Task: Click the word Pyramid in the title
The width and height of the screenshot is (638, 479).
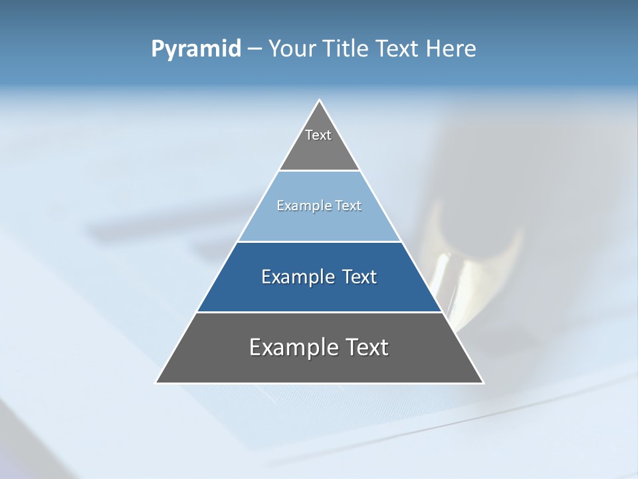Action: (x=196, y=49)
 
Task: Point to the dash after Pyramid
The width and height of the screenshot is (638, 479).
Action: (x=254, y=49)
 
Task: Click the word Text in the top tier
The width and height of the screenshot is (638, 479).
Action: (x=318, y=135)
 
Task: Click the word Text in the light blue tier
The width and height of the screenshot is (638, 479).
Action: (x=348, y=206)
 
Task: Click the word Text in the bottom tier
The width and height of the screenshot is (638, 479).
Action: (x=366, y=347)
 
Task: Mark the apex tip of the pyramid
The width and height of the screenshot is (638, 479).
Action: (x=320, y=101)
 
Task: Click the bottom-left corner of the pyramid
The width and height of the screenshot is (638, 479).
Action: (x=157, y=382)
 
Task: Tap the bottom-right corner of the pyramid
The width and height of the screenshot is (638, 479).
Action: (x=482, y=382)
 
